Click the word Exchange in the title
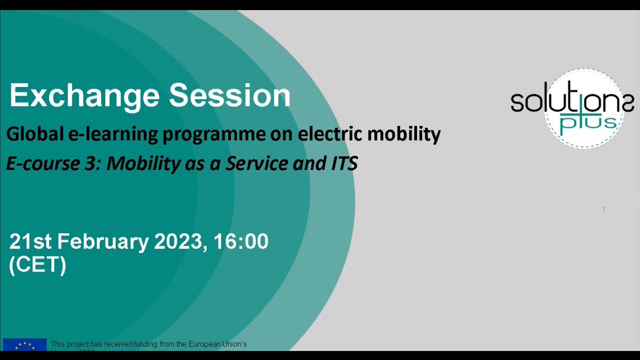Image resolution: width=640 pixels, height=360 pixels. click(x=83, y=95)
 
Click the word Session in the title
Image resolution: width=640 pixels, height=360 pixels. click(x=229, y=95)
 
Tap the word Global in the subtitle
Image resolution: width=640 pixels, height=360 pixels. click(x=35, y=134)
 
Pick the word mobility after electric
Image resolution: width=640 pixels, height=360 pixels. click(x=404, y=134)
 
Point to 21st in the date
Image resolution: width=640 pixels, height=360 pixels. click(x=30, y=241)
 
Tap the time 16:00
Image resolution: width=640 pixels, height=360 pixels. click(x=241, y=241)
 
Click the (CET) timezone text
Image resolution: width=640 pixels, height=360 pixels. click(x=37, y=264)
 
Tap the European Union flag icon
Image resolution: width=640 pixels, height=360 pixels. click(x=24, y=344)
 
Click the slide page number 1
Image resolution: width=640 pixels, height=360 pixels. click(x=603, y=209)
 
